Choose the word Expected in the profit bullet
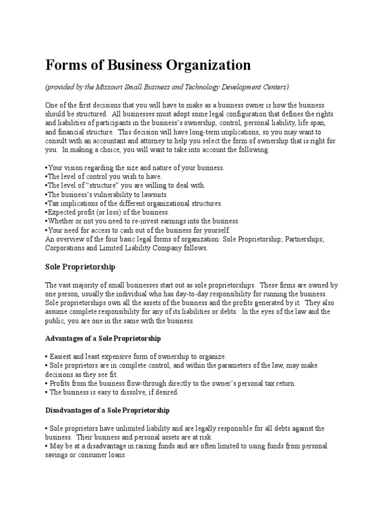[59, 212]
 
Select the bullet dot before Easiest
[46, 356]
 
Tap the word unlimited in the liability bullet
[127, 428]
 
